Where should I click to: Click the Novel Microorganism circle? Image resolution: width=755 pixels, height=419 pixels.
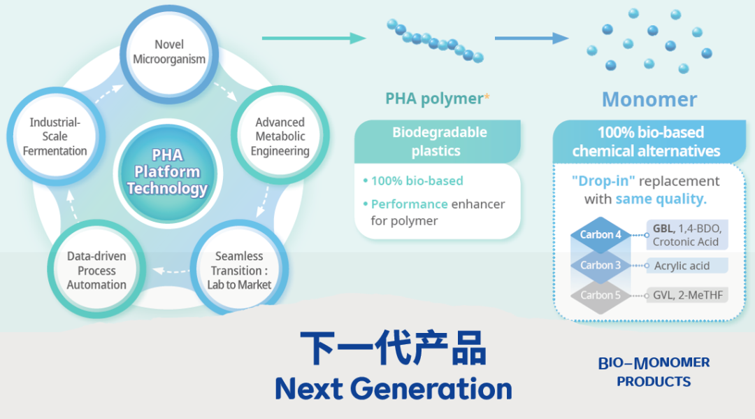169,52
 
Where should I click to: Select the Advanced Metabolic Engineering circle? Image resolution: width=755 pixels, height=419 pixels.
280,136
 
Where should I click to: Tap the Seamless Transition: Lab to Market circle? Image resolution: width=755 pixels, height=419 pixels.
239,271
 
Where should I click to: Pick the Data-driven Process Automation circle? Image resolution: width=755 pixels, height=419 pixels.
96,271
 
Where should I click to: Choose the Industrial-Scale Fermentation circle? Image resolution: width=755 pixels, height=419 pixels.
55,136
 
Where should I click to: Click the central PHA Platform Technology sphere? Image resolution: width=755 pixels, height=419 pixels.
167,172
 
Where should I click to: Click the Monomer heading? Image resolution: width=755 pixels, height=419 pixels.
649,99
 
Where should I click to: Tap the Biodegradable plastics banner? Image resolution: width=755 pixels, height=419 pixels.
439,141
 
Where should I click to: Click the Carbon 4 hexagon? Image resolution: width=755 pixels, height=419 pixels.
601,235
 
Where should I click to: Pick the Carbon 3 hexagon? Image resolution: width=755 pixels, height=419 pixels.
601,265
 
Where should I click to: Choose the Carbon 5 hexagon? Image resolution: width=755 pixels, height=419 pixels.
601,295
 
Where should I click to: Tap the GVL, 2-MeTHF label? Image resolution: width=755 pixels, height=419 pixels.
687,295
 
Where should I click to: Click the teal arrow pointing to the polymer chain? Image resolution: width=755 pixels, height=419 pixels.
315,38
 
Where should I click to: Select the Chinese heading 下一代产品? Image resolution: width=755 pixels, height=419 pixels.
393,348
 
